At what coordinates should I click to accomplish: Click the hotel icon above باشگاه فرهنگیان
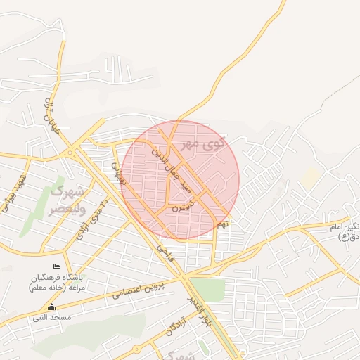[x=57, y=266]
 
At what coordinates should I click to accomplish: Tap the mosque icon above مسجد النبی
[x=51, y=307]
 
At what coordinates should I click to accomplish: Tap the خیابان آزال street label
[x=50, y=116]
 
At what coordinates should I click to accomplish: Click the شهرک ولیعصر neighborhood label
[x=67, y=200]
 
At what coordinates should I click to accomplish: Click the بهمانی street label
[x=117, y=169]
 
